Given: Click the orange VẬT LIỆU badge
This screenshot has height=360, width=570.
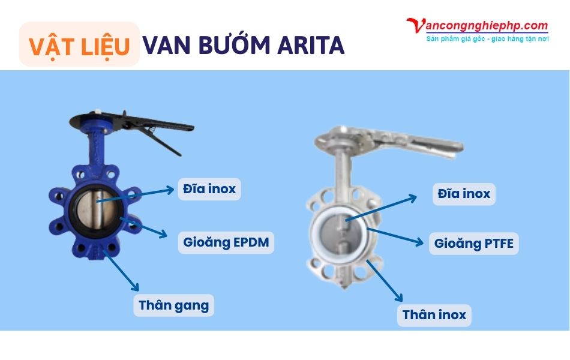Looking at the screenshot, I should coord(79,45).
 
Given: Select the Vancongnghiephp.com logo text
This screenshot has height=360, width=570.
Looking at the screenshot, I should coord(478,26).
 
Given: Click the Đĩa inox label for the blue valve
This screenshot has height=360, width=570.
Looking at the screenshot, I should coord(209,190).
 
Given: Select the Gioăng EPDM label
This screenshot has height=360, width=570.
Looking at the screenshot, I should coord(226,243).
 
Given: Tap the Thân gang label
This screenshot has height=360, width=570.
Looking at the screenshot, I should coord(173,305).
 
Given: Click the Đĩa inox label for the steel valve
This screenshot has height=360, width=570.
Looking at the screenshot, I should coord(464,194).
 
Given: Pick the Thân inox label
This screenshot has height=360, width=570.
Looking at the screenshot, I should coord(434,315).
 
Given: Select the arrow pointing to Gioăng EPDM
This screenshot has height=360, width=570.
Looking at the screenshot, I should coord(144,228).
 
